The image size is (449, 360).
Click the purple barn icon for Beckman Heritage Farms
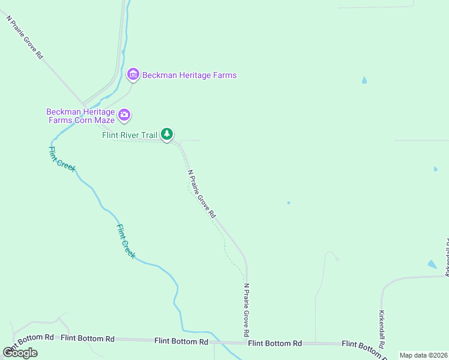(133, 74)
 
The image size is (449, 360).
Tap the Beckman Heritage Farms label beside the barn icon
(189, 76)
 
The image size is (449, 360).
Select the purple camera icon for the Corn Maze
(124, 114)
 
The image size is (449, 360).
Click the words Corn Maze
(95, 121)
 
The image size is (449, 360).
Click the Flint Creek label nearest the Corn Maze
(62, 159)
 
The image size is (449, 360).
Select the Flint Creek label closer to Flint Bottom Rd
(126, 241)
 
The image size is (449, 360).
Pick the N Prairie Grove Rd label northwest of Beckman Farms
(25, 37)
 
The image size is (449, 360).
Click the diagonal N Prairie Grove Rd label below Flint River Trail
(201, 193)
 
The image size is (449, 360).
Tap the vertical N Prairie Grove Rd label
(246, 310)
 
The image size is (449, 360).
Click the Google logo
(20, 352)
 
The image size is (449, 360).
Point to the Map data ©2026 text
(423, 355)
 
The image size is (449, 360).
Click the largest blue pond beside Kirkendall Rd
(432, 264)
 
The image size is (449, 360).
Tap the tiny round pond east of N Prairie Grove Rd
(288, 203)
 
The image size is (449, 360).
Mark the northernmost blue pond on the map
(364, 80)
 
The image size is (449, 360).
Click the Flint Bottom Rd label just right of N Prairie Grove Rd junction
(275, 344)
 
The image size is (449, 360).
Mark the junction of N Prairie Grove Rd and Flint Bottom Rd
(246, 343)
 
